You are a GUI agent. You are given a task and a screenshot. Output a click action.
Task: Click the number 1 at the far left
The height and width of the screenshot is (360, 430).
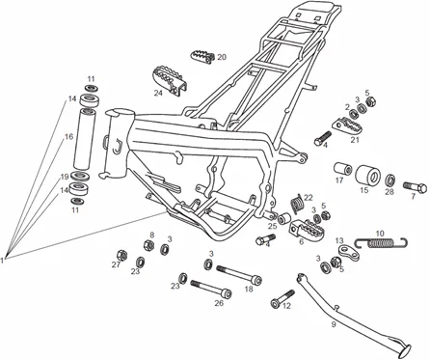click(x=5, y=259)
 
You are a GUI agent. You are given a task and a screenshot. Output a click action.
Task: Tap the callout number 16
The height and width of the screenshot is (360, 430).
click(x=68, y=138)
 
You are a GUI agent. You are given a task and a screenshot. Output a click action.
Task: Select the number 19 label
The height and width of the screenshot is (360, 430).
click(x=66, y=177)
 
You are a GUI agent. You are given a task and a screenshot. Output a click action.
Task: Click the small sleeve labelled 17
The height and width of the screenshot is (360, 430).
click(x=341, y=180)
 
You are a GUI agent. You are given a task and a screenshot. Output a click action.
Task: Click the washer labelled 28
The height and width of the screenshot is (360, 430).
click(x=390, y=180)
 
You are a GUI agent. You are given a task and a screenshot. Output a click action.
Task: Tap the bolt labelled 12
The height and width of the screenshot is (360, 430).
click(x=282, y=304)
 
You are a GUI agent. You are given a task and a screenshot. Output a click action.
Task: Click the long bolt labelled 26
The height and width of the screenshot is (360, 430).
click(x=208, y=286)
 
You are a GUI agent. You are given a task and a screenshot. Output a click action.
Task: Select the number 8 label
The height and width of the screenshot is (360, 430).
click(x=150, y=235)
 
